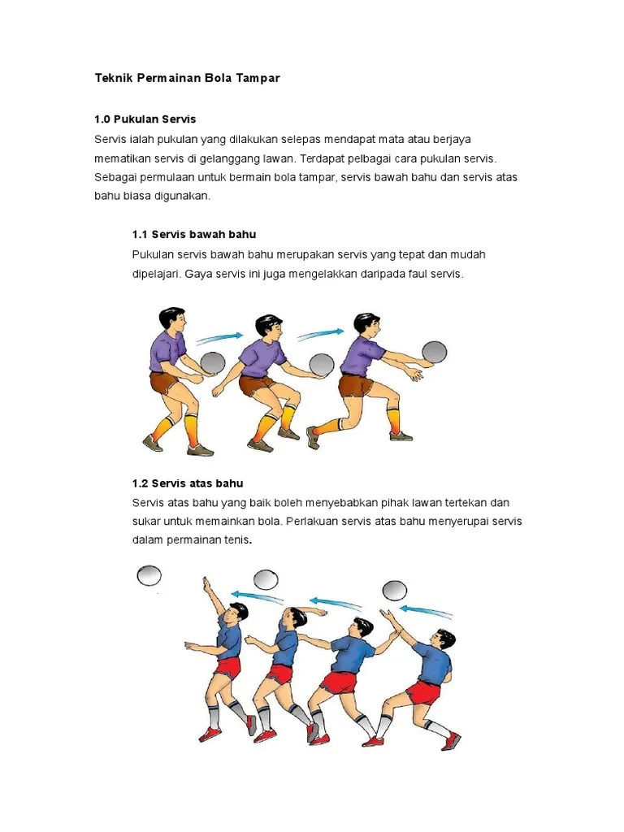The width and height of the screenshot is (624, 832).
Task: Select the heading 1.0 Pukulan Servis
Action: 145,119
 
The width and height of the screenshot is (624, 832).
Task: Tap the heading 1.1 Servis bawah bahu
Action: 194,235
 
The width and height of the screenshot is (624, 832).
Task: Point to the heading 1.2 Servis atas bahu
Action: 188,483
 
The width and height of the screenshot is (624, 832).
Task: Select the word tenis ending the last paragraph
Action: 236,540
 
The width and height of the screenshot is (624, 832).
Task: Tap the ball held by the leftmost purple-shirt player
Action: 214,363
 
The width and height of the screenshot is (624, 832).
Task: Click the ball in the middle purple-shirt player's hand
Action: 322,365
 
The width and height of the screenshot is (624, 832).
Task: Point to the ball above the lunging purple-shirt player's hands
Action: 434,352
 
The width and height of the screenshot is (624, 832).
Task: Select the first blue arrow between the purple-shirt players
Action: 219,337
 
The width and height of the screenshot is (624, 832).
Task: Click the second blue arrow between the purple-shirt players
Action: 320,334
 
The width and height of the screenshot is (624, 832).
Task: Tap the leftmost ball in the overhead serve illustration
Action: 149,576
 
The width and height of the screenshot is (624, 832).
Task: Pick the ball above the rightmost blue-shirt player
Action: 395,591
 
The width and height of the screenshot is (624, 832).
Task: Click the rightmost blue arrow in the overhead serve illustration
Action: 426,611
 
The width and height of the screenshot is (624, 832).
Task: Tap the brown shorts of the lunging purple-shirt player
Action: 356,384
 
